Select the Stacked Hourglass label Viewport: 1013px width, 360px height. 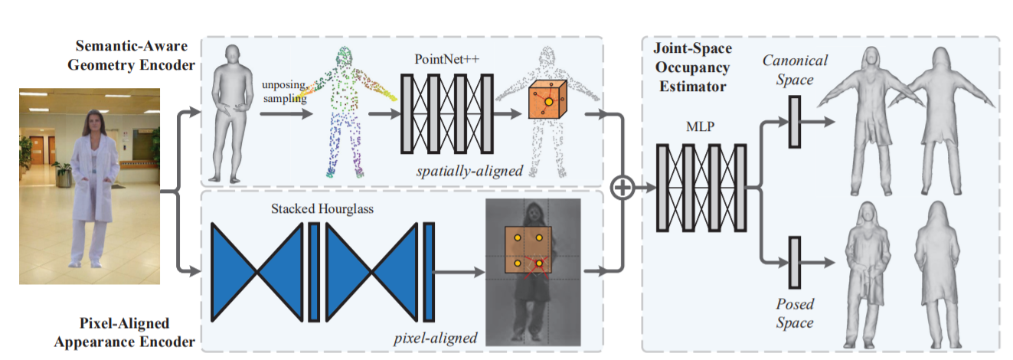(x=322, y=208)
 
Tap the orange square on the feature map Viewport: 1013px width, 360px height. (x=528, y=250)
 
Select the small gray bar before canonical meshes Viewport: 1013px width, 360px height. (x=793, y=120)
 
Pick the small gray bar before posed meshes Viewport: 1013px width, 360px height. (x=793, y=263)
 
